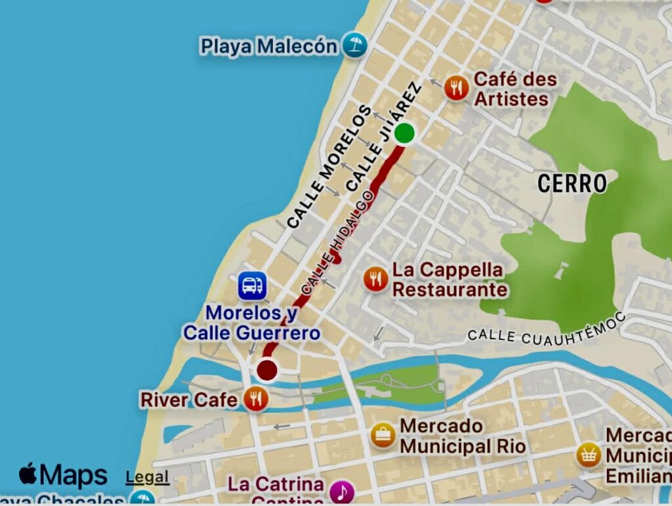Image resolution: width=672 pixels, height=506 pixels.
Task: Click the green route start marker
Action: (x=405, y=133)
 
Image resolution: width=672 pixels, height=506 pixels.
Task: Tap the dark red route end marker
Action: (x=266, y=371)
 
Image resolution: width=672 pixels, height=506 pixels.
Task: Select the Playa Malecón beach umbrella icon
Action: (x=355, y=45)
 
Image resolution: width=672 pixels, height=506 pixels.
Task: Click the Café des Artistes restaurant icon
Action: (x=456, y=88)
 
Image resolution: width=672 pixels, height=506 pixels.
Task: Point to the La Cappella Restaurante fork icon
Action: (x=375, y=280)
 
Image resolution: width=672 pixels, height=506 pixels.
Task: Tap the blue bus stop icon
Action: (x=252, y=285)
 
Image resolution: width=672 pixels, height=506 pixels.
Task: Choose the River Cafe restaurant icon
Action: (x=255, y=398)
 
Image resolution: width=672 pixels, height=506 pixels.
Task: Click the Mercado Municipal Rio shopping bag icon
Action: (x=383, y=435)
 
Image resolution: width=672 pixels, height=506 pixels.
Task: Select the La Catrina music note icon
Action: (x=341, y=492)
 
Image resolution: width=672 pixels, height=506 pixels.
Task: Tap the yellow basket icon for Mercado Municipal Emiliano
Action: (x=589, y=454)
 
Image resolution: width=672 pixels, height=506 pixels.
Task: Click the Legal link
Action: (x=147, y=477)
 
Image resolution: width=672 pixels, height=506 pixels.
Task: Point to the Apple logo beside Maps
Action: (x=28, y=473)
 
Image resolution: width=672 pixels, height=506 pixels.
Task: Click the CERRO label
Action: (x=572, y=184)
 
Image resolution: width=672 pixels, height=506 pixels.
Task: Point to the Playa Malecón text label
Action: (x=269, y=47)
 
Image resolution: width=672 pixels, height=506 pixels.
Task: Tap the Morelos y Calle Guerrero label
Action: (x=252, y=324)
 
